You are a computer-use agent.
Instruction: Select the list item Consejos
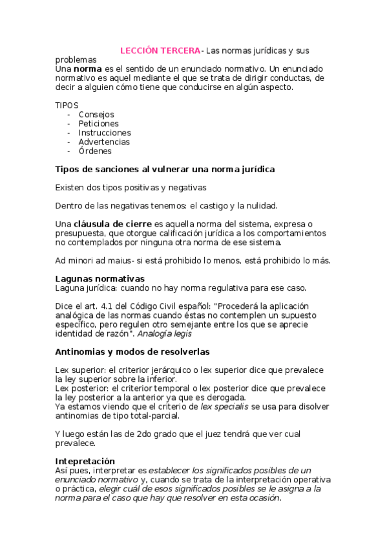point(96,115)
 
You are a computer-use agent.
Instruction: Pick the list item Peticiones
point(99,124)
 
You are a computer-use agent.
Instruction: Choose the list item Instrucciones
point(105,133)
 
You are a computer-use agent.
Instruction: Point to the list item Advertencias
point(104,142)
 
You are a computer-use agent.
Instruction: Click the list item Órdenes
point(95,151)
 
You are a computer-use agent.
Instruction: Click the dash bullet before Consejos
point(69,115)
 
